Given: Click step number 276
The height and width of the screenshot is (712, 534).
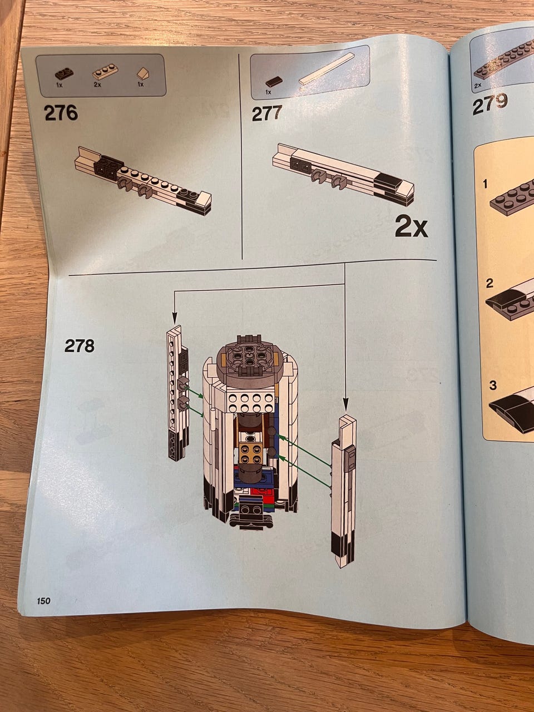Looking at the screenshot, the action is [61, 113].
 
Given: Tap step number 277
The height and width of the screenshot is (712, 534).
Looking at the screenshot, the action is [267, 113].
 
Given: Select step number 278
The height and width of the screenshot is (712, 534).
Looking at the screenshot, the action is [80, 346].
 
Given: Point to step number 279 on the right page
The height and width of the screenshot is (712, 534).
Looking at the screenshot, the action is [490, 105].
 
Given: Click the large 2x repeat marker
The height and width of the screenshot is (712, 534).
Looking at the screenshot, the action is [411, 228].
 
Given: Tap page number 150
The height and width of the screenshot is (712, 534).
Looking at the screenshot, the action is [43, 601].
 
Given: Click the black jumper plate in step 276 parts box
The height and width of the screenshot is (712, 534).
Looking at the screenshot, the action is [64, 73].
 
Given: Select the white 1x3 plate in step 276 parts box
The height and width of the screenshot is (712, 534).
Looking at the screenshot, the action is [105, 72].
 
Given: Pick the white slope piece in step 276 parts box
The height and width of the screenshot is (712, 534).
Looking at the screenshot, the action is [143, 73].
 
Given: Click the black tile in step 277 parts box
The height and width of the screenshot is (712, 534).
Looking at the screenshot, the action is [274, 82].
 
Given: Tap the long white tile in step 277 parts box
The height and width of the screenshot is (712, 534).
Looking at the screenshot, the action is [327, 69].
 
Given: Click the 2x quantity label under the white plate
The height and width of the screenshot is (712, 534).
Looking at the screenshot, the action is [97, 85].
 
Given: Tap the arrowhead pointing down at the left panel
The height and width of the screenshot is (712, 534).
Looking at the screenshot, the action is [175, 318].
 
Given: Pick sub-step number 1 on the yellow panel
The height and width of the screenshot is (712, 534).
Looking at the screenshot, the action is [485, 184].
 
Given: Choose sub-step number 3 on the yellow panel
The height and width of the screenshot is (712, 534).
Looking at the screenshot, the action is [493, 385].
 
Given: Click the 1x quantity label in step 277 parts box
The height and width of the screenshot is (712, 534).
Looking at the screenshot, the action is [268, 92].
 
